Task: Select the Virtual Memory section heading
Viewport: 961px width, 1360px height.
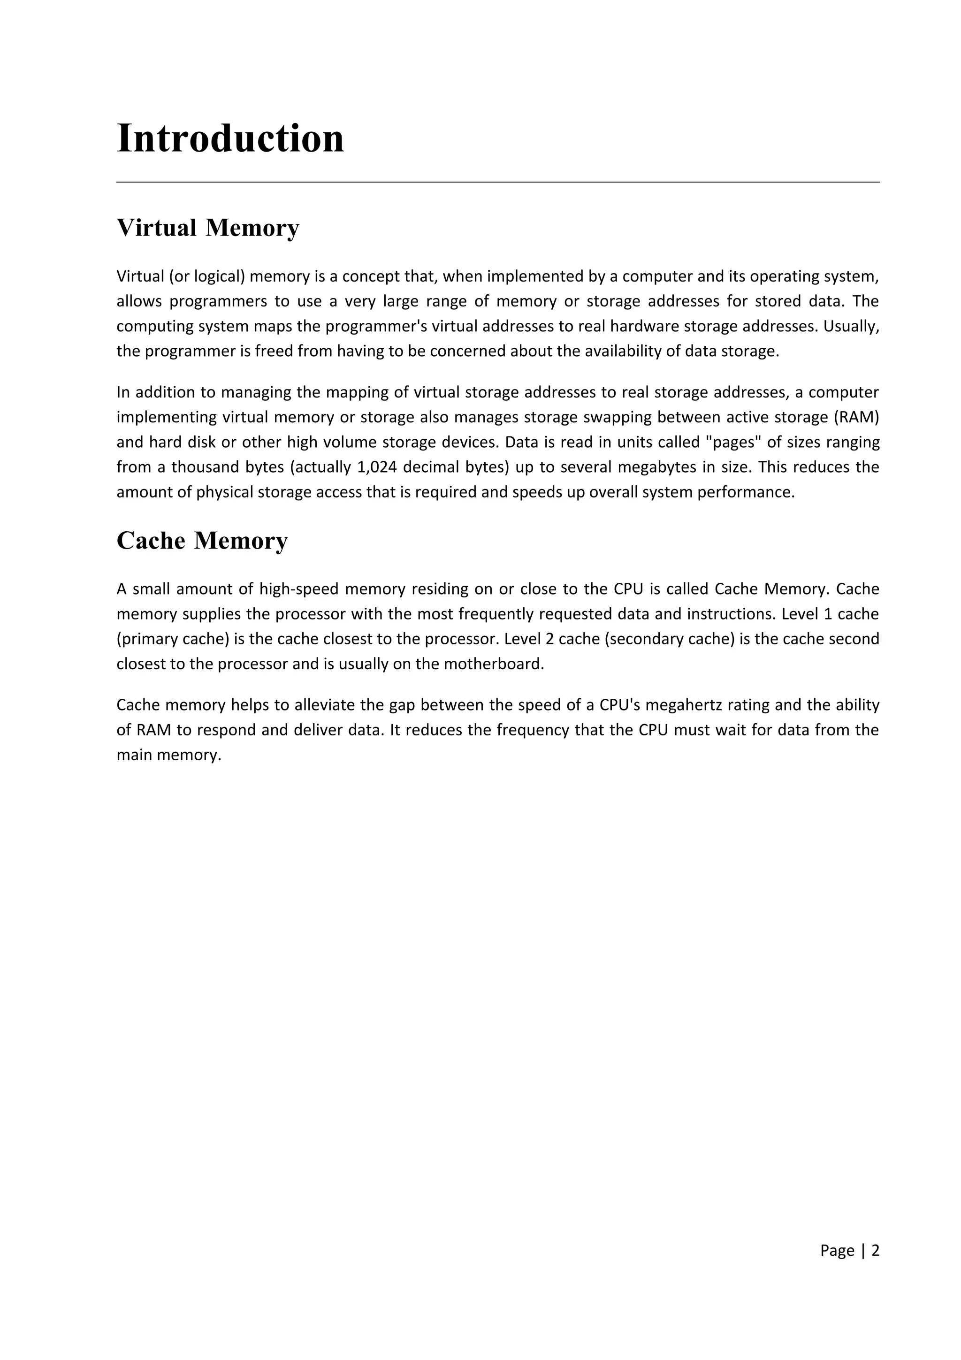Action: click(208, 228)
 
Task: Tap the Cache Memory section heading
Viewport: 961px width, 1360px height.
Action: click(202, 541)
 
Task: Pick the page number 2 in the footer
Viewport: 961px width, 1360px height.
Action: click(875, 1250)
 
